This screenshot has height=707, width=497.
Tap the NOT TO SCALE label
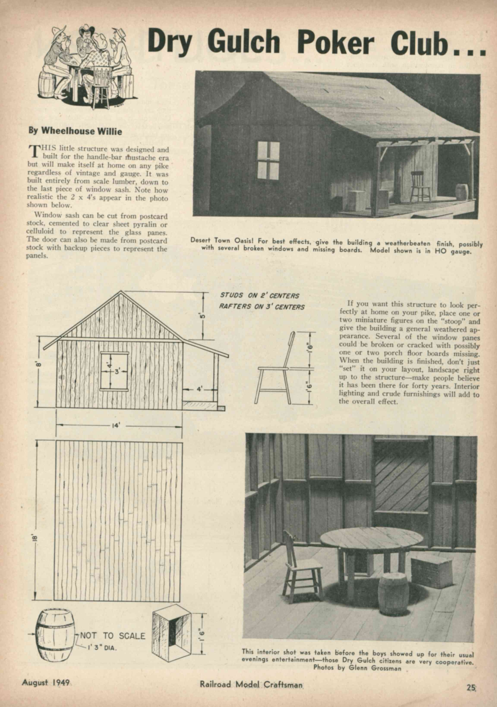point(113,636)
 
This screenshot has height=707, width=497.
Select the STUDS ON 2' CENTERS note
point(259,296)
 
